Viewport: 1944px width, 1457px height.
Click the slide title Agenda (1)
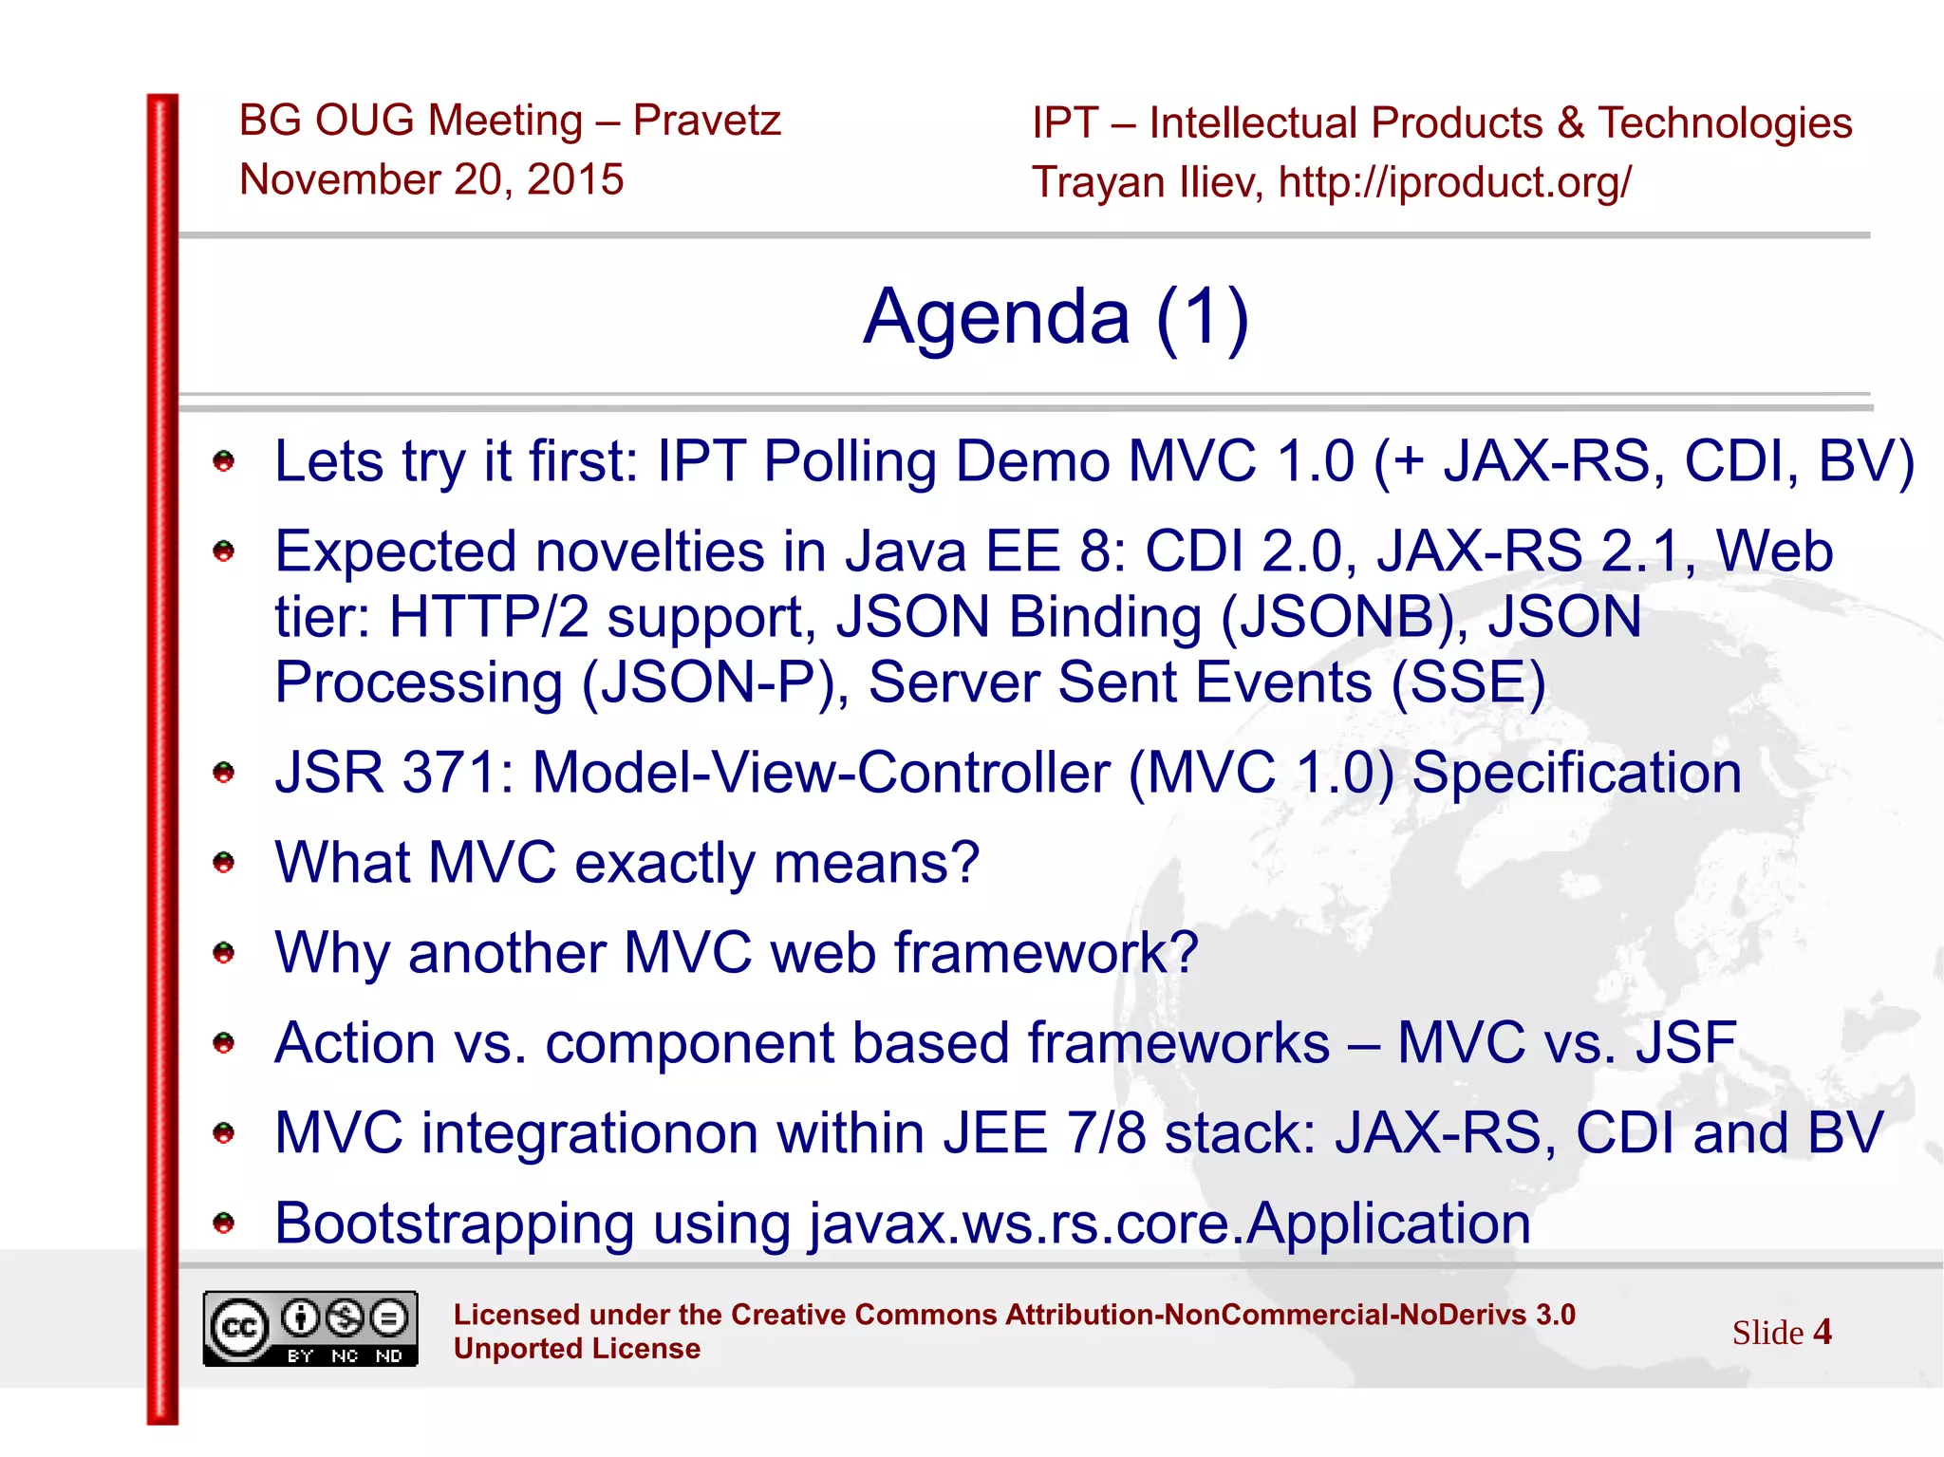[x=1056, y=317]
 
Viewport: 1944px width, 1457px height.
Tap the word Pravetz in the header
[x=706, y=121]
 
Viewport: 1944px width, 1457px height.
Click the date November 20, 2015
[x=431, y=179]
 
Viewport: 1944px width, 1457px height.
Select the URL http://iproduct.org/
[x=1454, y=182]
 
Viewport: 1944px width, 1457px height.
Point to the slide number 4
[x=1822, y=1332]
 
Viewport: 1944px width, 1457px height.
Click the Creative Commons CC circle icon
[x=238, y=1327]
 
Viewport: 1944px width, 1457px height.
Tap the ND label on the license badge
[x=389, y=1355]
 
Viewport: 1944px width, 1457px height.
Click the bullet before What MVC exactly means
[x=224, y=862]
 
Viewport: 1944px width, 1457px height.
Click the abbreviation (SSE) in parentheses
[x=1468, y=682]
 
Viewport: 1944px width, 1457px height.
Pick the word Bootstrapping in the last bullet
[x=454, y=1224]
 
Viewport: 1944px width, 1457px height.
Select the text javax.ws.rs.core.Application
[x=1169, y=1224]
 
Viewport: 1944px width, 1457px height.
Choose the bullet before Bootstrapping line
[x=224, y=1223]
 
